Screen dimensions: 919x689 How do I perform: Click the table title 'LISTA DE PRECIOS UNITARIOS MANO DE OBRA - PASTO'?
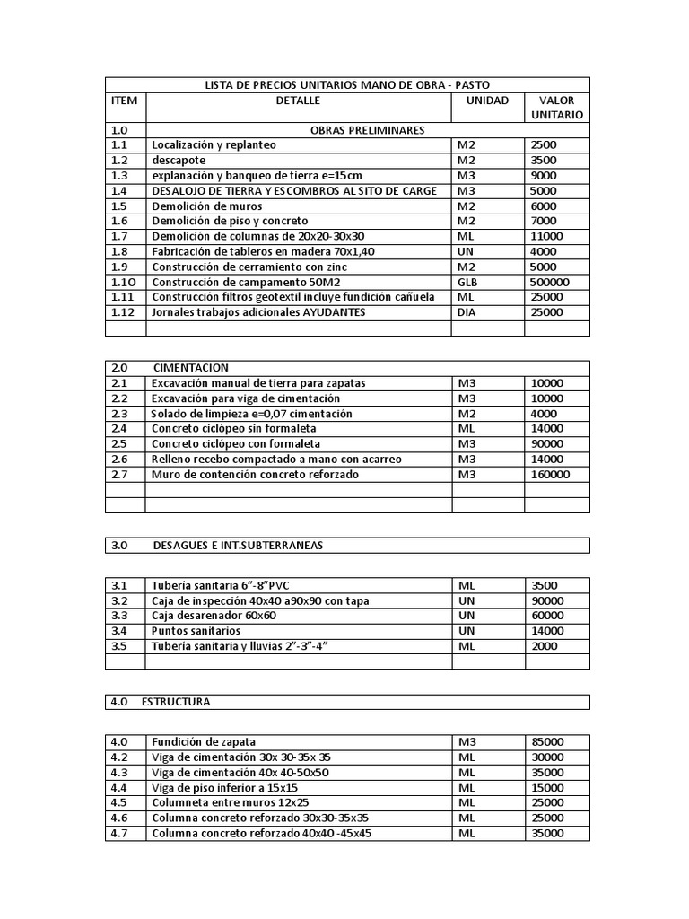coord(349,84)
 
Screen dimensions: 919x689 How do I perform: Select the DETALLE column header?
coord(298,101)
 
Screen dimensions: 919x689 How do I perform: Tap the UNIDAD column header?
coord(487,101)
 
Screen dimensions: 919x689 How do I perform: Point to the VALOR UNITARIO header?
coord(556,108)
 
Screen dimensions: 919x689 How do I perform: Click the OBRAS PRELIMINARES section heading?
coord(367,130)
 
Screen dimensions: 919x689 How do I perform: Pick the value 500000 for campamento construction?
coord(550,282)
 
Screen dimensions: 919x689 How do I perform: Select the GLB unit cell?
coord(468,282)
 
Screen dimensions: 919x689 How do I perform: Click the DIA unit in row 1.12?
coord(467,312)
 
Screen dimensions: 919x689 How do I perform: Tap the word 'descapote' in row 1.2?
coord(179,161)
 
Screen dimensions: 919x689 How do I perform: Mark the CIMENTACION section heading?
coord(191,368)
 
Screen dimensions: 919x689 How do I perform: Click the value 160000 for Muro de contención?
coord(550,474)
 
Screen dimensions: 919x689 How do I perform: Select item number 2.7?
coord(120,474)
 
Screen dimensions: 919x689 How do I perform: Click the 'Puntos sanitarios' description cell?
coord(196,631)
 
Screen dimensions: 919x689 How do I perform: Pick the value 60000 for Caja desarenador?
coord(547,616)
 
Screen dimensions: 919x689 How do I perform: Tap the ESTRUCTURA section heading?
coord(176,702)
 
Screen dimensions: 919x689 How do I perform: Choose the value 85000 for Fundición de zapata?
coord(547,741)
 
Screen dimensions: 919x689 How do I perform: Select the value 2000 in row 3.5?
coord(544,646)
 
